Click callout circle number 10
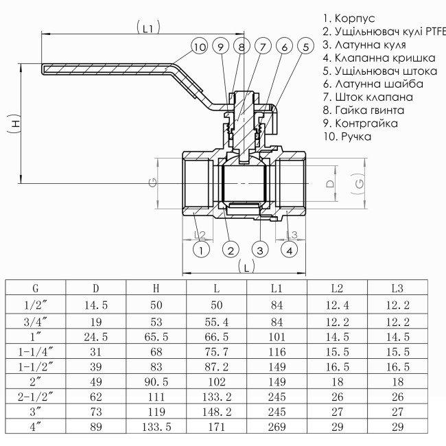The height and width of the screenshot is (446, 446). [x=200, y=47]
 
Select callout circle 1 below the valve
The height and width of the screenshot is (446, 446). [x=201, y=250]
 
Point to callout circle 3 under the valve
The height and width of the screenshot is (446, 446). [x=260, y=250]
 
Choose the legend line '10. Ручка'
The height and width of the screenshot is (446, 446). [x=347, y=136]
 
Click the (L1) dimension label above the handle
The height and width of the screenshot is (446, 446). [x=148, y=28]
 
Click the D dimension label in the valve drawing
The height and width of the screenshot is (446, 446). [x=329, y=184]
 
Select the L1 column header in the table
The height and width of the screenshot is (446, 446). [x=277, y=289]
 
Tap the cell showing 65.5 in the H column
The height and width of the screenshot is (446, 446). [x=156, y=337]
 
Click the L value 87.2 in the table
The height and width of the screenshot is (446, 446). [x=217, y=366]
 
